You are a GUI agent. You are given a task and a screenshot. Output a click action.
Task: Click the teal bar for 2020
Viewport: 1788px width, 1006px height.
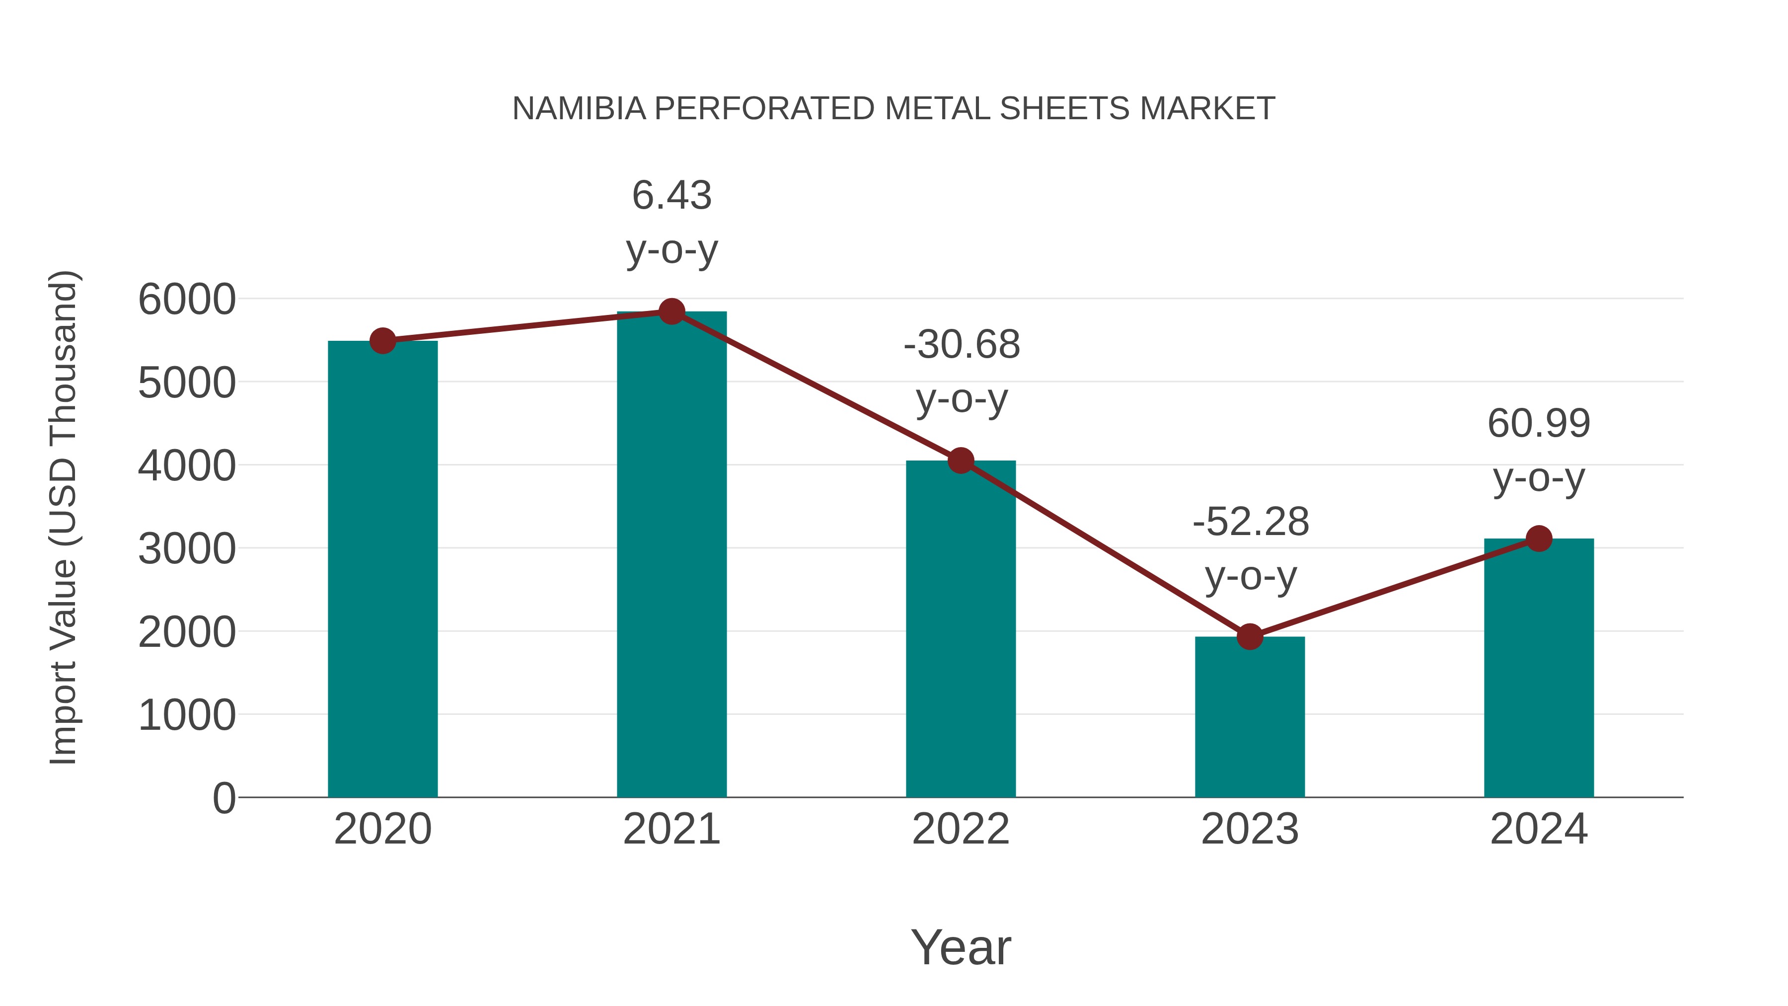click(382, 569)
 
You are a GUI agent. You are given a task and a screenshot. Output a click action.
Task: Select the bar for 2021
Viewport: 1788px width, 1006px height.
click(671, 555)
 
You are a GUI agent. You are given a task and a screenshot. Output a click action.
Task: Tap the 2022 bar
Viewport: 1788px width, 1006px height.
click(961, 628)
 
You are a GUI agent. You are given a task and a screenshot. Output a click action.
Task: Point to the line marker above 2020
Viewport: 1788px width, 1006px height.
click(382, 341)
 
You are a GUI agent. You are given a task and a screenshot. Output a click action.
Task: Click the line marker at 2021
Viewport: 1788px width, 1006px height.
click(671, 311)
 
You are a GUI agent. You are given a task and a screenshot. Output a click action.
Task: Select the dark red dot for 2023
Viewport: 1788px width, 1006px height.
click(1250, 636)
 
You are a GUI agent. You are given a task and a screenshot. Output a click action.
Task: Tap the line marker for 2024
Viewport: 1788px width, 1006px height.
click(1539, 538)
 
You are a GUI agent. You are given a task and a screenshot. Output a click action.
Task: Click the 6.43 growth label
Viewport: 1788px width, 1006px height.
click(671, 195)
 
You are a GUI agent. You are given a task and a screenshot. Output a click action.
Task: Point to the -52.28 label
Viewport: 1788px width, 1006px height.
click(1250, 522)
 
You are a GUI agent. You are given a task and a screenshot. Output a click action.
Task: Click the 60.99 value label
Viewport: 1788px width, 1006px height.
click(1539, 423)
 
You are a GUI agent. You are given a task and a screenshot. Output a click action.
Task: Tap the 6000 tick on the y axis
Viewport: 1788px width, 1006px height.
click(187, 300)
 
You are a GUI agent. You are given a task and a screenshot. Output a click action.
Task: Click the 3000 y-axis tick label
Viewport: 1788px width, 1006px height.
click(187, 549)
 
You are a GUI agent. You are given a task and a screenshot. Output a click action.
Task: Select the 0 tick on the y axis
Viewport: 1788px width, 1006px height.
click(223, 798)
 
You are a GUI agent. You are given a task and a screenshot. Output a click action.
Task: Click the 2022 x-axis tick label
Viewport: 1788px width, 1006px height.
click(961, 829)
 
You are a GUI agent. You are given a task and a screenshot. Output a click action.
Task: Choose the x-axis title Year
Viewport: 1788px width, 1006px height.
click(961, 947)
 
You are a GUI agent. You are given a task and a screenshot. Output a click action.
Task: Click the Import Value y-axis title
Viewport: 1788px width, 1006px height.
click(63, 517)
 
